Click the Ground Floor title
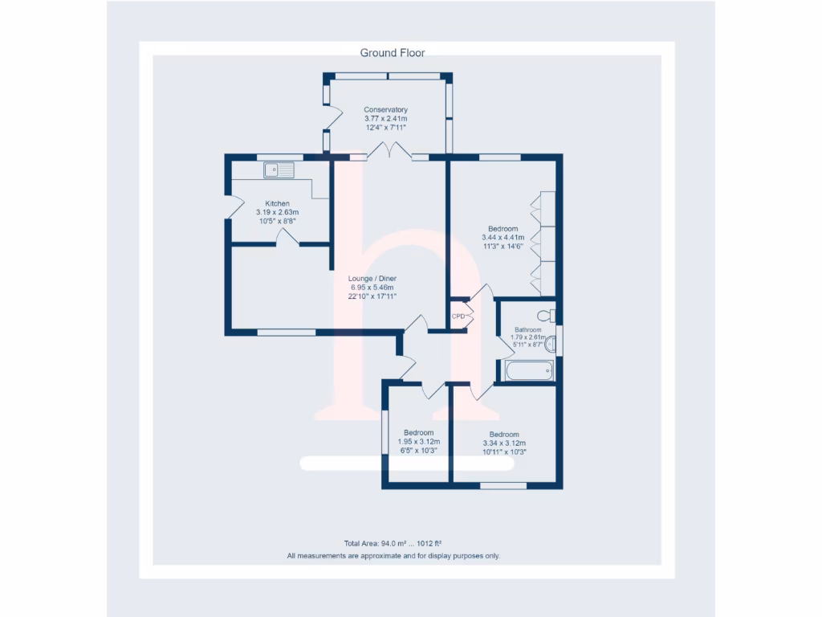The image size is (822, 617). (x=392, y=53)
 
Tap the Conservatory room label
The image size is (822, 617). (x=385, y=110)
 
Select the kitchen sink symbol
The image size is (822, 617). (x=279, y=170)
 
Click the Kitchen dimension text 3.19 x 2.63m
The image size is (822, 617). (x=277, y=212)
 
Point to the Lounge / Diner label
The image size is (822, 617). (x=373, y=279)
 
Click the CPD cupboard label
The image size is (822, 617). (x=458, y=316)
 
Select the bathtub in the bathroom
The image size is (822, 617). (x=528, y=371)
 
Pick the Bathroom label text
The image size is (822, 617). (x=527, y=329)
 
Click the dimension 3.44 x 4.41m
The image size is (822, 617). (x=503, y=238)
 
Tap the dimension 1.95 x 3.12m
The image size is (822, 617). (x=418, y=442)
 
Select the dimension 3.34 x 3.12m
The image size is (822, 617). (x=504, y=443)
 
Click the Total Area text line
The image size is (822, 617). (x=393, y=543)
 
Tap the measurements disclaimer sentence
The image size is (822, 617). (x=393, y=556)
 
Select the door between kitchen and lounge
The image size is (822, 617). (x=287, y=237)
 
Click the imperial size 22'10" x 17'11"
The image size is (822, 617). (x=373, y=296)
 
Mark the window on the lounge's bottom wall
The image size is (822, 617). (x=286, y=332)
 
